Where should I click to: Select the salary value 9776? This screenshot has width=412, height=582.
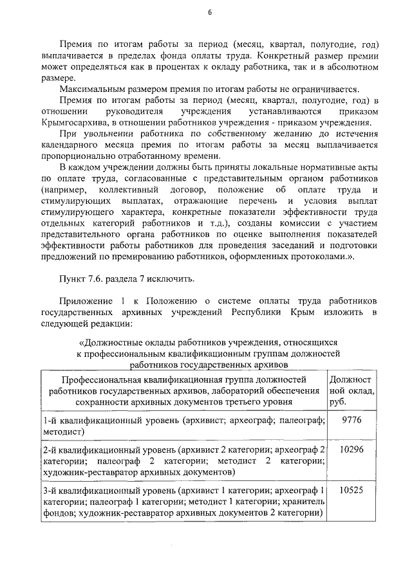tap(352, 419)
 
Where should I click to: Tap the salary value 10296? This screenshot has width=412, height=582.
tap(352, 449)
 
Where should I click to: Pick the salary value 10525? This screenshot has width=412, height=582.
tap(352, 489)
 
